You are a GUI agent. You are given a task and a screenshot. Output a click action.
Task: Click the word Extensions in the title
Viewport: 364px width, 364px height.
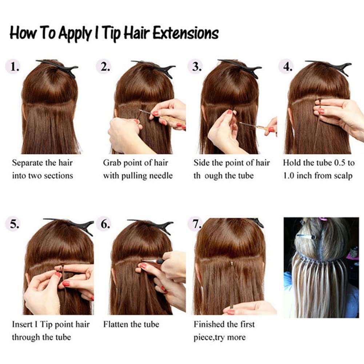pos(185,33)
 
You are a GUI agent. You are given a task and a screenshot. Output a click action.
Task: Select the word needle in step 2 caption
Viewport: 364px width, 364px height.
pos(160,176)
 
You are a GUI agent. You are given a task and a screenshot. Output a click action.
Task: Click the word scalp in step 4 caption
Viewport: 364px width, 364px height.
pos(343,176)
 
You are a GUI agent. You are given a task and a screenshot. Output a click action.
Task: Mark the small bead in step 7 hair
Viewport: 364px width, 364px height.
pos(232,263)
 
